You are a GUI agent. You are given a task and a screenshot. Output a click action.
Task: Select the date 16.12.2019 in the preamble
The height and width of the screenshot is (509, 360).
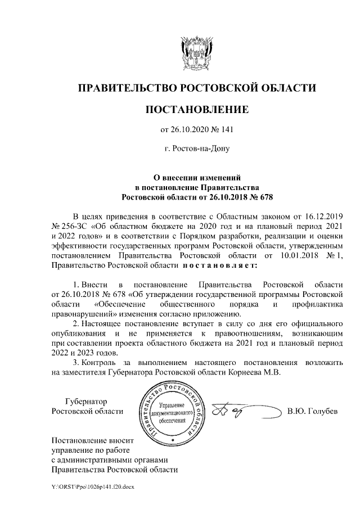pos(319,216)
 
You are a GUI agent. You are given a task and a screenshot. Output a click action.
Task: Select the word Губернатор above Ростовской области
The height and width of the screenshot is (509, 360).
pos(85,401)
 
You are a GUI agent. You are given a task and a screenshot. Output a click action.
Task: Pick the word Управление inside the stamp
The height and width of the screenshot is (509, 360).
pos(172,406)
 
